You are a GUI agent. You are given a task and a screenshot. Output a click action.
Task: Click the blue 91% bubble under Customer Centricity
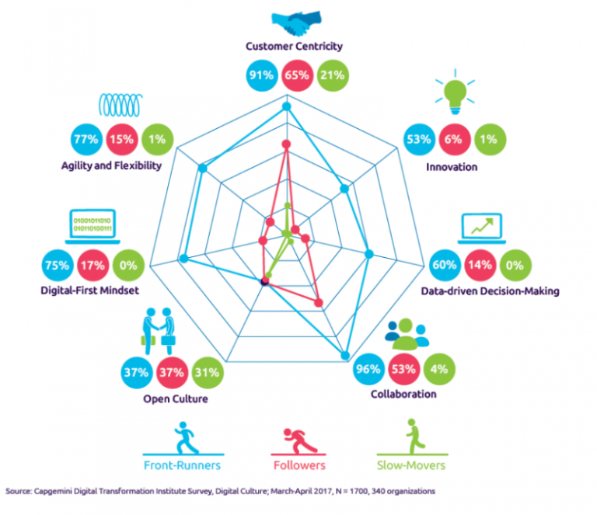coord(261,75)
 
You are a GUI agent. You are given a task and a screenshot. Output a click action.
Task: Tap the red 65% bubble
coord(297,75)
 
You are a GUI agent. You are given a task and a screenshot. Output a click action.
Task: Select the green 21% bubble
coord(333,75)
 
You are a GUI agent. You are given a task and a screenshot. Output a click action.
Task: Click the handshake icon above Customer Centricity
coord(297,23)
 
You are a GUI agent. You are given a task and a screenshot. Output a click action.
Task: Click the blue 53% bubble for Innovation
coord(419,140)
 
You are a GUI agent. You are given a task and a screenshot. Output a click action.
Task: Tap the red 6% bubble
coord(455,140)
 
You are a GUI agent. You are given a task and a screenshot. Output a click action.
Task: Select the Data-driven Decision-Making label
coord(490,291)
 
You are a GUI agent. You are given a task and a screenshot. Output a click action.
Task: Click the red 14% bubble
coord(480,265)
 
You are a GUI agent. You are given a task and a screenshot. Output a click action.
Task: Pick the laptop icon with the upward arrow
coord(482,228)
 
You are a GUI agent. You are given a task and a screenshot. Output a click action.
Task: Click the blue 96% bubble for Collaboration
coord(368,369)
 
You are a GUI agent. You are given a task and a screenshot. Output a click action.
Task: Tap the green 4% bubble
coord(439,369)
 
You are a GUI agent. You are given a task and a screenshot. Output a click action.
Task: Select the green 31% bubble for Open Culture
coord(208,372)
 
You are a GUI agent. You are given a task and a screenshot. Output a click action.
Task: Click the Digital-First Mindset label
coord(90,291)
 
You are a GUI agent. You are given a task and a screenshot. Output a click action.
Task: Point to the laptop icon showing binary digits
coord(93,227)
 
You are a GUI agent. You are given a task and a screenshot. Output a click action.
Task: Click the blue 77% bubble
coord(86,139)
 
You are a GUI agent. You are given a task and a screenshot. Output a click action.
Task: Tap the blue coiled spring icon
coord(121,105)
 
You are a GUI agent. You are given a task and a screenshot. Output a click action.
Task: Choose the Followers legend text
coord(299,465)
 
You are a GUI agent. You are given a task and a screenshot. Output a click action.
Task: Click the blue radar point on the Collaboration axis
coord(345,356)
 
